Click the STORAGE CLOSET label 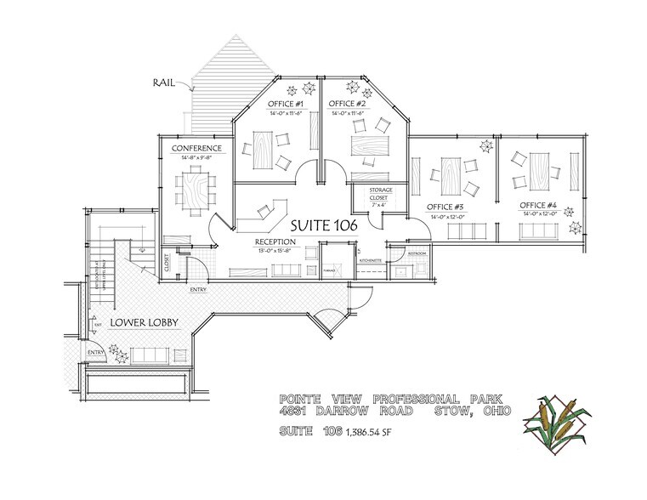click(378, 196)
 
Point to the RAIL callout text click(164, 84)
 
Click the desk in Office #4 click(541, 167)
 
